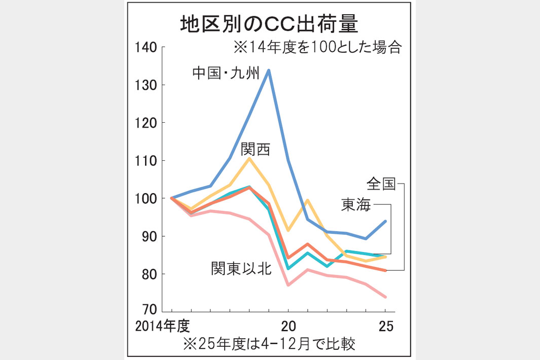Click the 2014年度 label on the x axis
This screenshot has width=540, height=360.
[162, 326]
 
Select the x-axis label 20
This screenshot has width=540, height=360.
[289, 326]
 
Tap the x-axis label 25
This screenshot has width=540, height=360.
[385, 326]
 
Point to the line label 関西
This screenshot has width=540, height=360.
[256, 149]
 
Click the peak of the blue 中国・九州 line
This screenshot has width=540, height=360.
[269, 70]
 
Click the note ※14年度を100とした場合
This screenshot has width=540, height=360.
[317, 48]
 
